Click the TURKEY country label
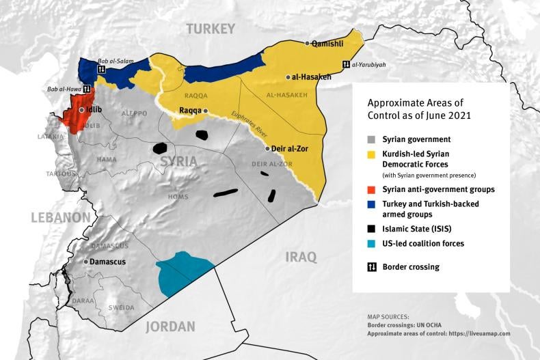211,29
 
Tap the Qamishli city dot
308,42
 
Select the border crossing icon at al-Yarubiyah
346,65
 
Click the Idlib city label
94,109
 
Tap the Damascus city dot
85,262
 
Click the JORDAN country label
171,326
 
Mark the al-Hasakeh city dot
288,77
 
